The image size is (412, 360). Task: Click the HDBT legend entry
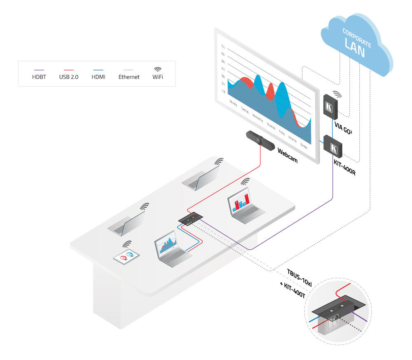tap(39, 77)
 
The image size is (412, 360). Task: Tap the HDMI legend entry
tap(98, 77)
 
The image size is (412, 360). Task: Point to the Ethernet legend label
tap(129, 77)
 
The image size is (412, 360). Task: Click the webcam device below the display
tap(260, 140)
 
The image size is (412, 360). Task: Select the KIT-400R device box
tap(333, 146)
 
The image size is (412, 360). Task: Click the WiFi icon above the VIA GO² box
tap(337, 95)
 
